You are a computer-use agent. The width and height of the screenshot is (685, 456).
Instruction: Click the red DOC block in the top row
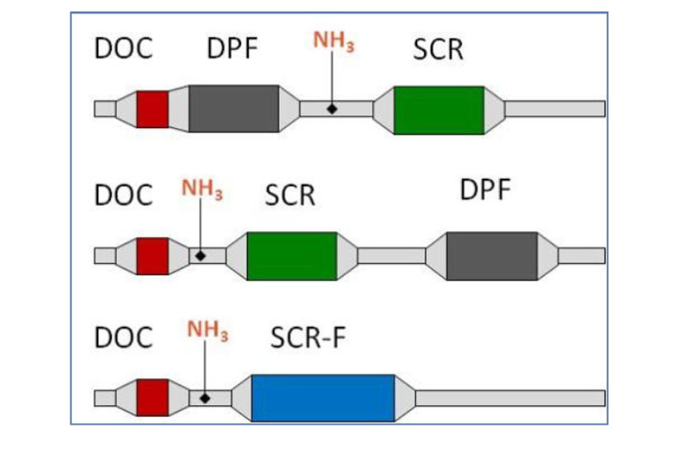point(152,109)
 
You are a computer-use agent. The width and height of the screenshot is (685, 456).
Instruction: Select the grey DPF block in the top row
point(233,109)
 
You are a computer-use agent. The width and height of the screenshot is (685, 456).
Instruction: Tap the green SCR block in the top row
point(439,110)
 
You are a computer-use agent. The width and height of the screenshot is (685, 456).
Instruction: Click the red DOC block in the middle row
point(152,256)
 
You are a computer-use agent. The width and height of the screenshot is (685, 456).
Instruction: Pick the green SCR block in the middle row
point(292,256)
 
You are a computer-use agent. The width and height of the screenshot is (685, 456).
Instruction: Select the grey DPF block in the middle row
point(492,256)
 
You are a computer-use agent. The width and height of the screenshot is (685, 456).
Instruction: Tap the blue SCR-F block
point(323,398)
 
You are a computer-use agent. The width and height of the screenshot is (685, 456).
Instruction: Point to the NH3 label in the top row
point(334,41)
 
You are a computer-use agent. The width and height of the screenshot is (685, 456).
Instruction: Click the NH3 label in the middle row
point(202,190)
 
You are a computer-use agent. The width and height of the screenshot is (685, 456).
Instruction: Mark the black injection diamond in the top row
point(332,109)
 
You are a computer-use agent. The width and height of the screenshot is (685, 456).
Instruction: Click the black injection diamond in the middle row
point(200,256)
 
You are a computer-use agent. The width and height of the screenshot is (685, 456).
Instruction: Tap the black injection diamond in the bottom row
point(205,398)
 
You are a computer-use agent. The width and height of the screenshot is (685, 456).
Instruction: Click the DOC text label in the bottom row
point(124,337)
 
